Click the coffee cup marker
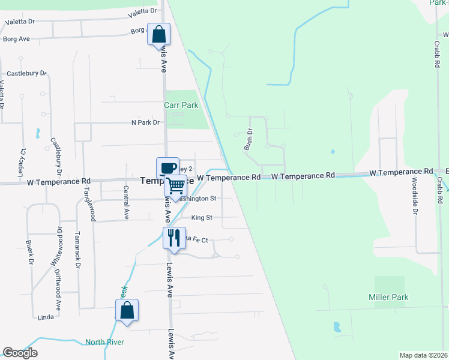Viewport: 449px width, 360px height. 167,168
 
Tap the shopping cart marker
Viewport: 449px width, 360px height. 175,186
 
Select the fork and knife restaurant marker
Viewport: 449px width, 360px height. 173,238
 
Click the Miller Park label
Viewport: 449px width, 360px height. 388,297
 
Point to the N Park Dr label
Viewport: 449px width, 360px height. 146,122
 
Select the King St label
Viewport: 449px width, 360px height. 202,218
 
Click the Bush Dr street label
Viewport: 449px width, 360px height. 248,140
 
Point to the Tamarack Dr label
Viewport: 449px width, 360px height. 77,249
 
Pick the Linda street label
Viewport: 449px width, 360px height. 46,317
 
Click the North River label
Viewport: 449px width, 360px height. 104,342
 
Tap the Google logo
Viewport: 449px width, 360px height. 20,353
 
